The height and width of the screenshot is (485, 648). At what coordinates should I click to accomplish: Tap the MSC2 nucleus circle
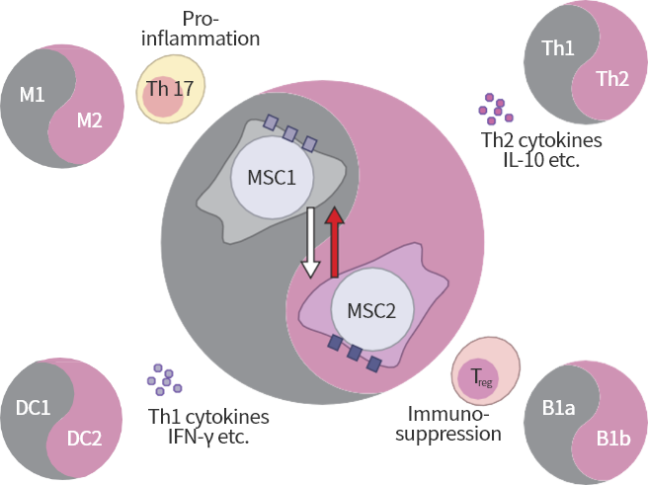coord(370,309)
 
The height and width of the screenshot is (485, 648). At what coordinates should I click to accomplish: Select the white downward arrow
coord(311,241)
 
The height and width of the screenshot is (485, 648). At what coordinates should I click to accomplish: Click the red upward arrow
coord(335,241)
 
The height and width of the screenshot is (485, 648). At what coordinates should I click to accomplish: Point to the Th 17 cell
coord(170,92)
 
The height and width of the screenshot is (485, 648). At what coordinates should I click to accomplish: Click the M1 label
coord(32,95)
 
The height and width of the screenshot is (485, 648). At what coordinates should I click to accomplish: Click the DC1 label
coord(34,408)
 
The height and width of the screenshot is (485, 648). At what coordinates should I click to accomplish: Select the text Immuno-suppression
coord(452,424)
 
